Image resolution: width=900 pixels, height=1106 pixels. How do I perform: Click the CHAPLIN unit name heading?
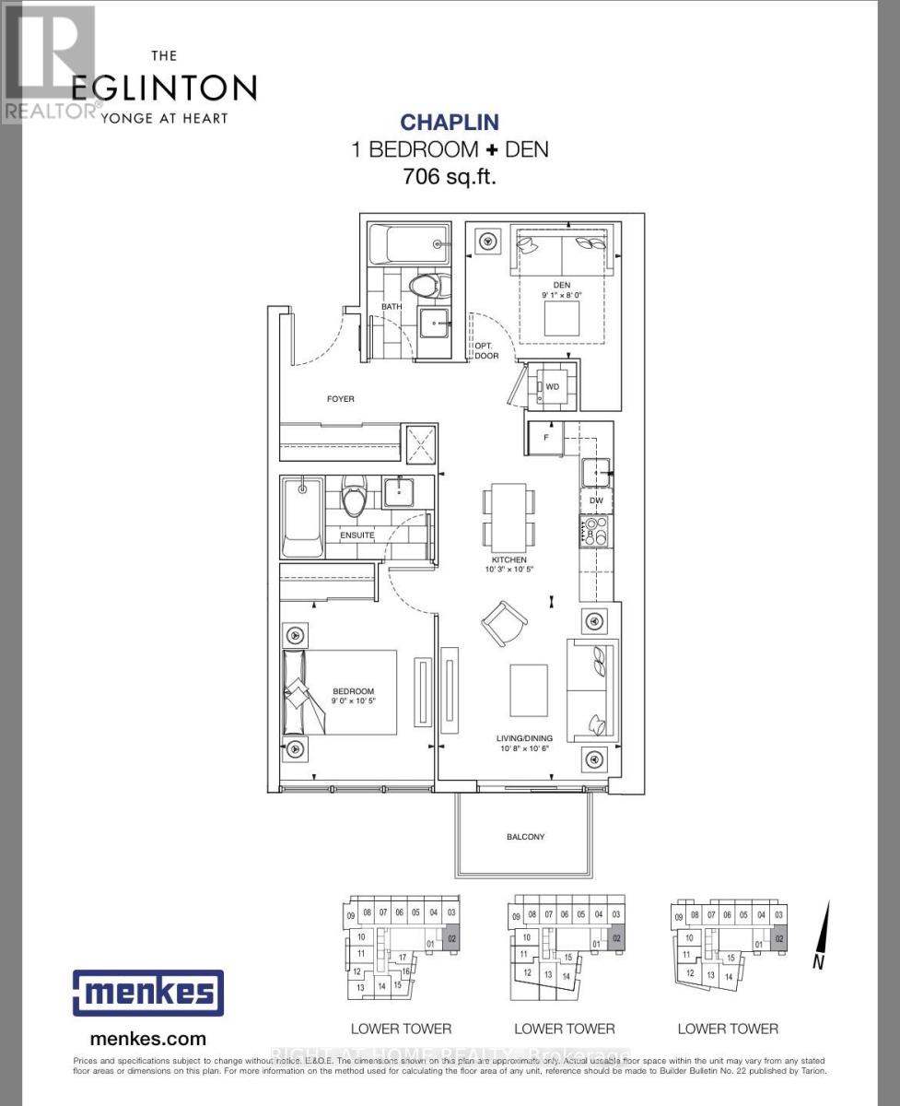point(450,123)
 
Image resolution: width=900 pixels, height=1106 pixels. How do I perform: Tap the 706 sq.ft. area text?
point(450,177)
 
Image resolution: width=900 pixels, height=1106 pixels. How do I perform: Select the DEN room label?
point(561,285)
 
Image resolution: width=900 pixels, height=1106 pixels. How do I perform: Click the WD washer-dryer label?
point(553,386)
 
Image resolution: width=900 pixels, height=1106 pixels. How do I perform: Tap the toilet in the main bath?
point(426,285)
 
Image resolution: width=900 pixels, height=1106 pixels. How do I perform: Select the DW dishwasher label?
point(596,501)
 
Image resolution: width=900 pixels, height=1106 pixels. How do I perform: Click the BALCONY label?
point(525,837)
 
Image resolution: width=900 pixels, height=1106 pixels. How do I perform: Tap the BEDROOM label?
point(354,691)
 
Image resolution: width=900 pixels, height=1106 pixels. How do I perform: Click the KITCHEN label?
point(508,559)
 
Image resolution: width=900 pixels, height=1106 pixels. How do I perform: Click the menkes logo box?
point(147,993)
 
